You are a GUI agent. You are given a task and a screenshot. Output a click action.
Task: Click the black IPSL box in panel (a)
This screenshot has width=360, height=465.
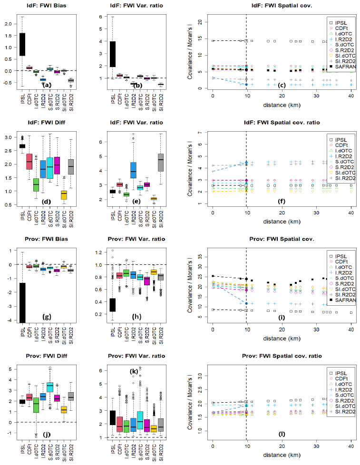[22, 45]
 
